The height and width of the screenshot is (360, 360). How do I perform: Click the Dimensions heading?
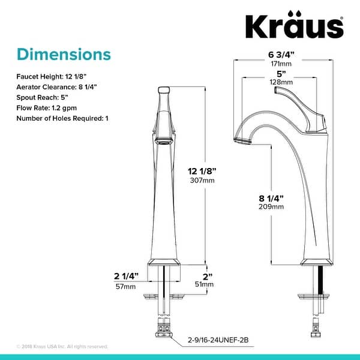(64, 54)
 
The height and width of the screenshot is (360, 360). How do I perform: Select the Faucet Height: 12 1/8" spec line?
(53, 77)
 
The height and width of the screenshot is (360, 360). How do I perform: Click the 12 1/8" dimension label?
(202, 170)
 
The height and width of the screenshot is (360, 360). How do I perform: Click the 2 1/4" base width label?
(126, 276)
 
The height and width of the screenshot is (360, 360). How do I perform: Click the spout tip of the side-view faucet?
(240, 140)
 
